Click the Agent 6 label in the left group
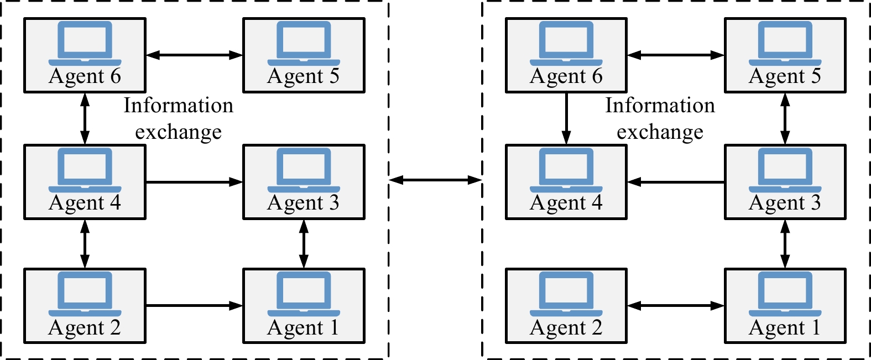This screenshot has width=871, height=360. pyautogui.click(x=85, y=76)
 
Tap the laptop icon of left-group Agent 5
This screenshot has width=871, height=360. pyautogui.click(x=304, y=44)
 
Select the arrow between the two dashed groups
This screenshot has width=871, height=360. pyautogui.click(x=435, y=180)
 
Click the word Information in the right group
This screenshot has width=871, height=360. pyautogui.click(x=660, y=105)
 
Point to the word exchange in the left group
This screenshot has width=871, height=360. pyautogui.click(x=178, y=132)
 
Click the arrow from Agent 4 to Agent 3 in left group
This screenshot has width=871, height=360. pyautogui.click(x=194, y=182)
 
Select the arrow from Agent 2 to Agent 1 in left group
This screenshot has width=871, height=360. pyautogui.click(x=194, y=306)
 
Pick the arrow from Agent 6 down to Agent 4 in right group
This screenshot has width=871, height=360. pyautogui.click(x=566, y=118)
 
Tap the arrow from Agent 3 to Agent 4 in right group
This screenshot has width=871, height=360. pyautogui.click(x=676, y=182)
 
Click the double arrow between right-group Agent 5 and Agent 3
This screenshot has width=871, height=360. pyautogui.click(x=785, y=118)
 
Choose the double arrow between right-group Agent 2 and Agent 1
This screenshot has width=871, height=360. pyautogui.click(x=676, y=306)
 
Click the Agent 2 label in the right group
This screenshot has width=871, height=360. pyautogui.click(x=566, y=328)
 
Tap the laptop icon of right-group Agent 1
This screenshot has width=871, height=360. pyautogui.click(x=785, y=294)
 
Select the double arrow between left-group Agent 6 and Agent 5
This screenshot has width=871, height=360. pyautogui.click(x=194, y=55)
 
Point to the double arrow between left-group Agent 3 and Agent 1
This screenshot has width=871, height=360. pyautogui.click(x=304, y=244)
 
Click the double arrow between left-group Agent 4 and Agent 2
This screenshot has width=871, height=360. pyautogui.click(x=85, y=244)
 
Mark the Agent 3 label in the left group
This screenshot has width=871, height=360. pyautogui.click(x=303, y=203)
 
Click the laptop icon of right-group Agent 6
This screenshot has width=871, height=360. pyautogui.click(x=566, y=44)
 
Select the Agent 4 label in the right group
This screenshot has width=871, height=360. pyautogui.click(x=566, y=203)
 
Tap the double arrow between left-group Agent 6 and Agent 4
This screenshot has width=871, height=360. pyautogui.click(x=85, y=118)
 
